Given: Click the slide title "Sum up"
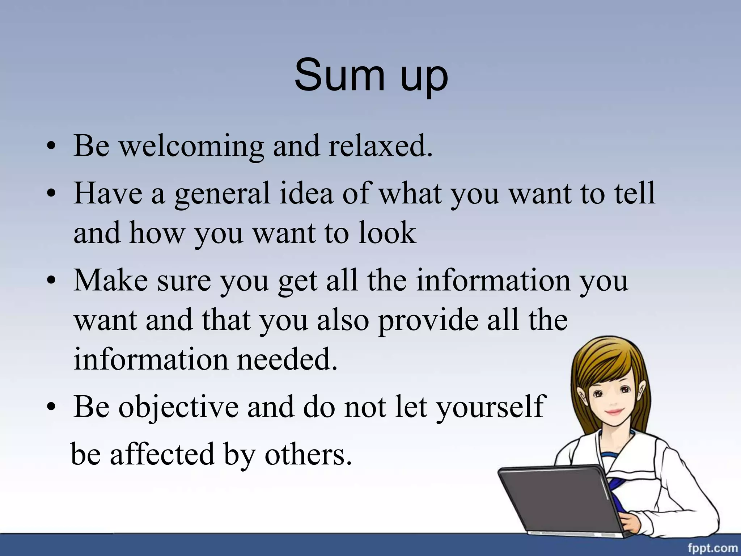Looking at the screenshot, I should point(371,75).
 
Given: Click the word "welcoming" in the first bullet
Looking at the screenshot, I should point(192,146).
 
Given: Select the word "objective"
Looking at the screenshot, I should point(179,407).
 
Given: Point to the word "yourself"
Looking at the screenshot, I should point(490,407).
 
